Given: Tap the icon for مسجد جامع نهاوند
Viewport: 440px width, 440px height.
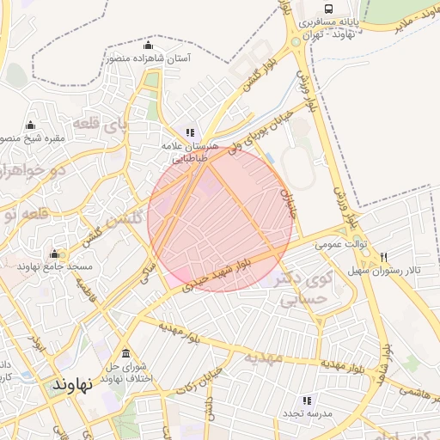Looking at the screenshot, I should (55, 254).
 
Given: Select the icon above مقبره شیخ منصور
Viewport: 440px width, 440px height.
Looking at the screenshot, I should (31, 125).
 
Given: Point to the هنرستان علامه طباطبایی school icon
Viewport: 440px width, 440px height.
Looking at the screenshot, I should (190, 133).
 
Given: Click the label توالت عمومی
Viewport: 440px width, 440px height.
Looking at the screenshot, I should (340, 244).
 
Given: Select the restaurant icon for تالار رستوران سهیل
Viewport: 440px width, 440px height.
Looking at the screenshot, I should (383, 257).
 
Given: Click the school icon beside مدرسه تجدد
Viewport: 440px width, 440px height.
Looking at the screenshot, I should (306, 400).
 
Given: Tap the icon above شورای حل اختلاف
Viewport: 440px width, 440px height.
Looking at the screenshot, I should (126, 353).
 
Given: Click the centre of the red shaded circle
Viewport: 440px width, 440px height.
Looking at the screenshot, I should (220, 218).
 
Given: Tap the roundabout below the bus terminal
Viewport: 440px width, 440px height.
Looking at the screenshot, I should (296, 40).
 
